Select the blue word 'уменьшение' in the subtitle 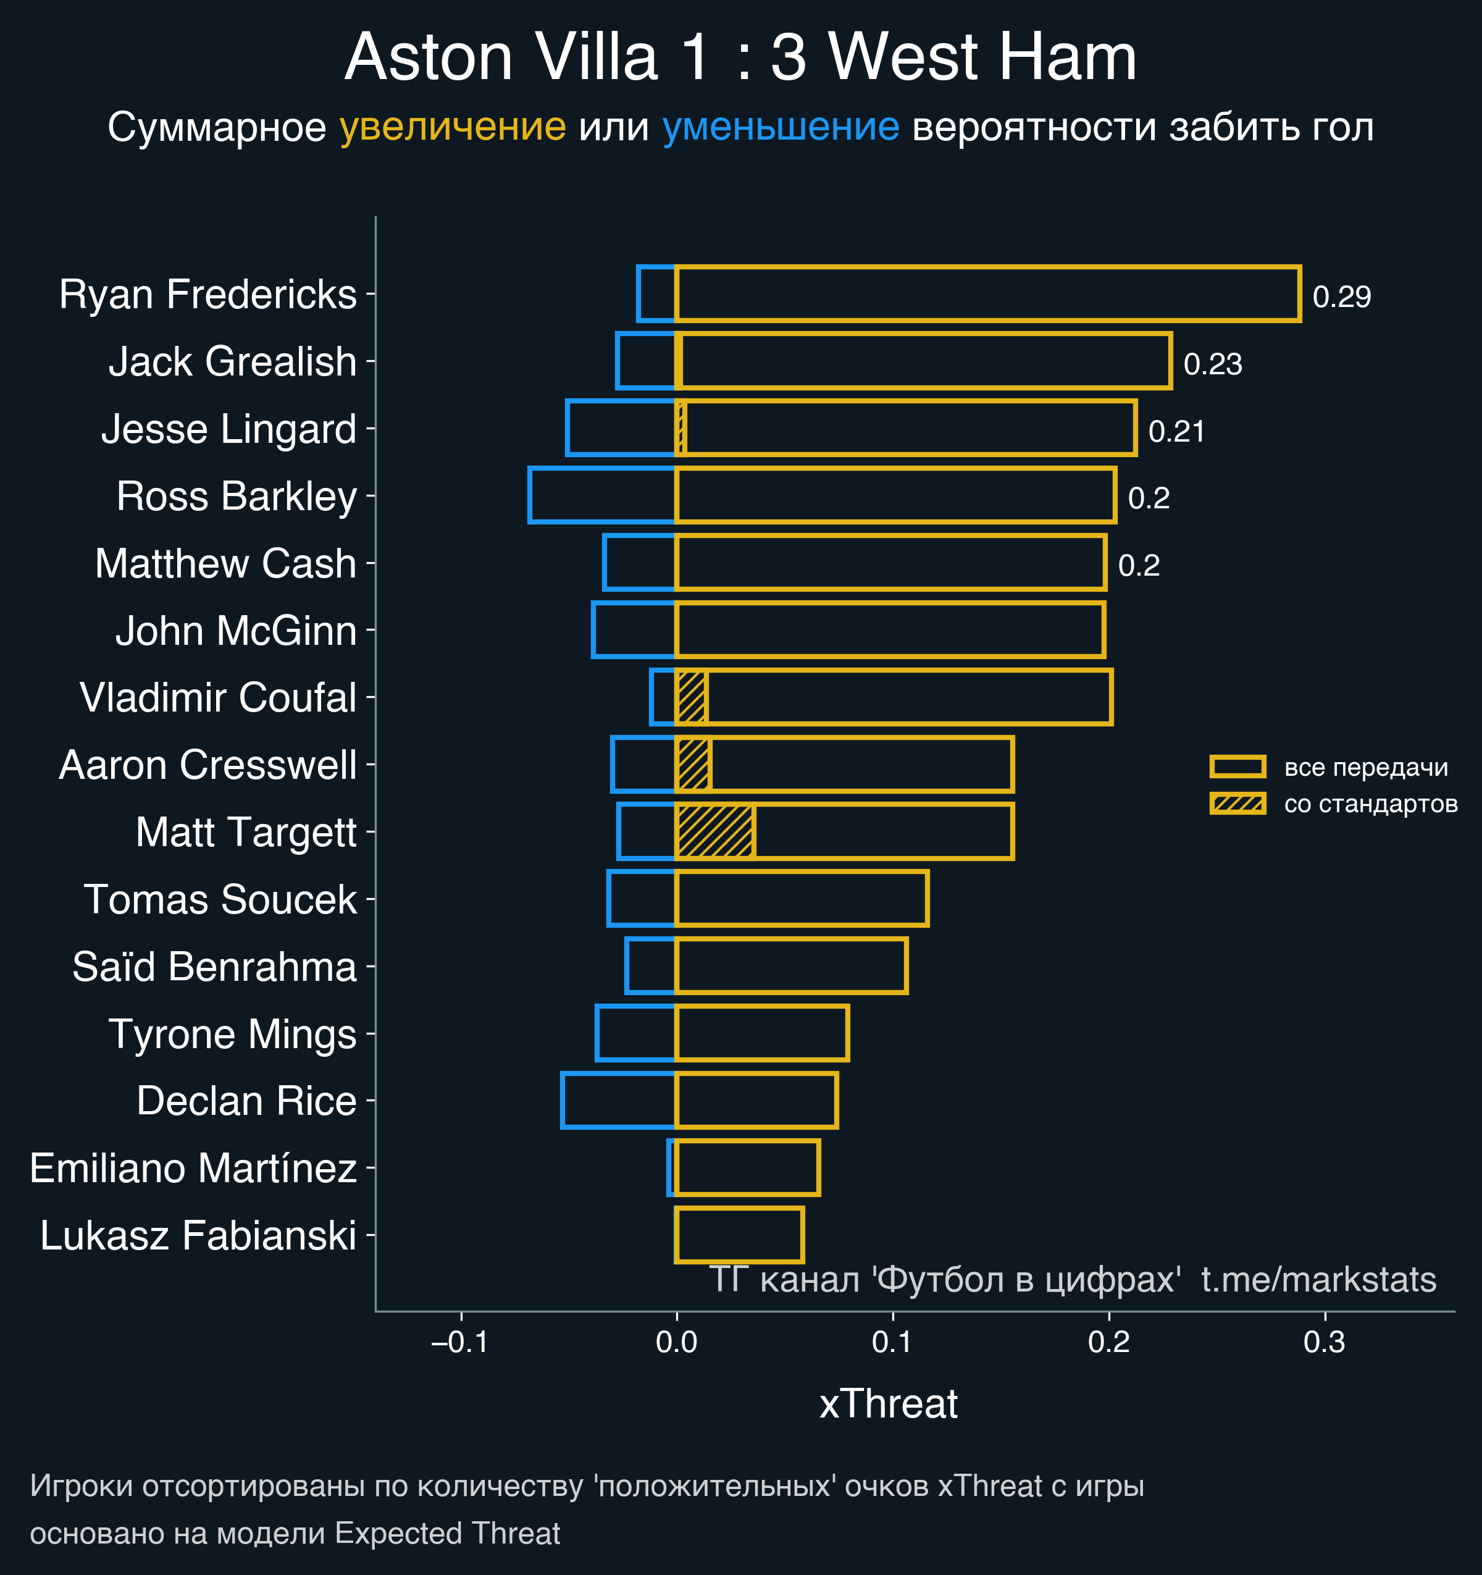[780, 128]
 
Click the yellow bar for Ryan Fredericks [987, 294]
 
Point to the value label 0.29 [1341, 297]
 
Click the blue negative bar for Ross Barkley [602, 496]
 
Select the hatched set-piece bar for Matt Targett [714, 831]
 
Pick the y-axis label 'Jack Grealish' [232, 362]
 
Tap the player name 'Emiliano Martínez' [193, 1169]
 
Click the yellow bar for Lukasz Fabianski [739, 1235]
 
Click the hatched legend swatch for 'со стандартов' [1237, 804]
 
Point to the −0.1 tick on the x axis [460, 1343]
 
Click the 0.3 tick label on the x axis [1325, 1343]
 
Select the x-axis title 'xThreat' [888, 1404]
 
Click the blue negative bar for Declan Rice [618, 1101]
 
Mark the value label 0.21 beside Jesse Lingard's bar [1176, 432]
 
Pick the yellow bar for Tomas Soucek [801, 899]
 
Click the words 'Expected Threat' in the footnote [448, 1533]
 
